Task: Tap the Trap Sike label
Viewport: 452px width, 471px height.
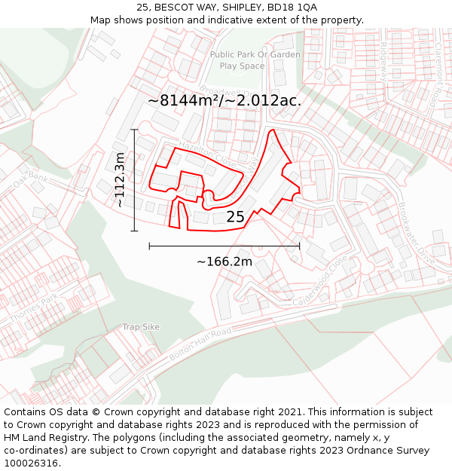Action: (141, 327)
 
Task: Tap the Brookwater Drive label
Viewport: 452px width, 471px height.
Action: (416, 233)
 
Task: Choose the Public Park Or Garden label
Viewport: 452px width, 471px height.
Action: (255, 54)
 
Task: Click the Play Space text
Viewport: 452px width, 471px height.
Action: (242, 66)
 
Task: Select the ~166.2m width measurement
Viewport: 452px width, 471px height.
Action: (224, 261)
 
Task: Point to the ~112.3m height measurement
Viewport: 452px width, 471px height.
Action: (120, 179)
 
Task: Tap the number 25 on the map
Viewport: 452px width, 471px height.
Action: (235, 217)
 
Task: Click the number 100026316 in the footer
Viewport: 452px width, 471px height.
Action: (31, 463)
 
